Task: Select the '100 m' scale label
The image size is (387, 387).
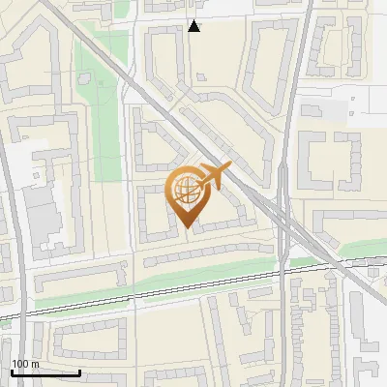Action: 25,364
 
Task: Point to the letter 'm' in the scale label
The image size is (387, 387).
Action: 35,364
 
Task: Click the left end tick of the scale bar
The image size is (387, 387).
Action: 12,371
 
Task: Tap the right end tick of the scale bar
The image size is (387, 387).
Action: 80,371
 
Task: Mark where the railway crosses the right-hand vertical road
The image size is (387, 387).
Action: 286,267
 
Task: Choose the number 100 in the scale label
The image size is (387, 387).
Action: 20,364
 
